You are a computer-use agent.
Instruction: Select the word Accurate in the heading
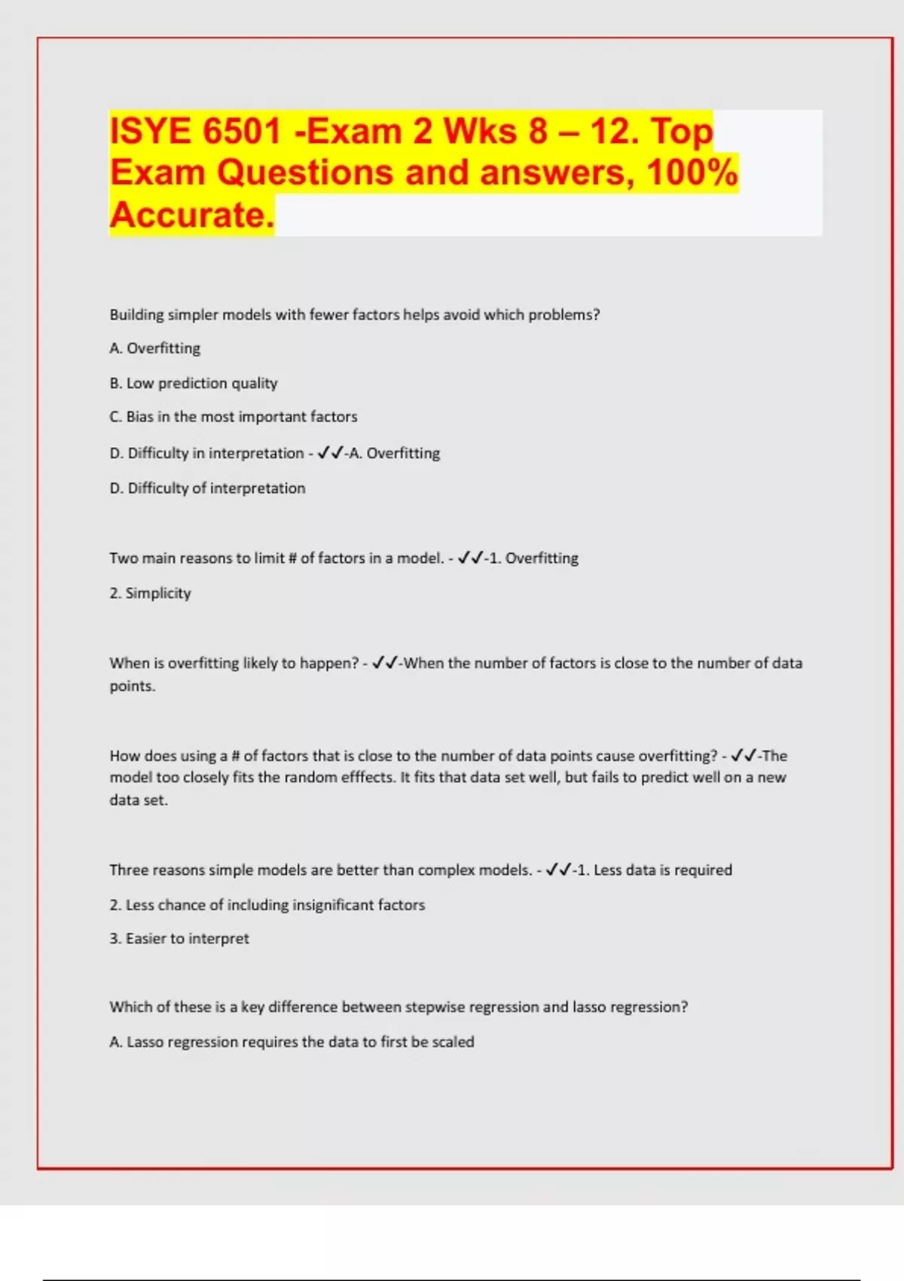click(x=191, y=215)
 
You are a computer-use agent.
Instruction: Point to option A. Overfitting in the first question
click(x=155, y=348)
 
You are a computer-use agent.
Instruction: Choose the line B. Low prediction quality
click(x=194, y=383)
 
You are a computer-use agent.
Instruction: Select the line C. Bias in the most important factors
click(x=234, y=417)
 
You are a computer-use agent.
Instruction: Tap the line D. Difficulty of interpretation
click(x=207, y=488)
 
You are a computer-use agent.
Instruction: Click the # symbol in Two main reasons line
click(x=292, y=558)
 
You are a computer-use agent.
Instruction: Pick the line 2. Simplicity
click(x=150, y=593)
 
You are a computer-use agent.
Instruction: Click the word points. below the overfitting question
click(x=133, y=686)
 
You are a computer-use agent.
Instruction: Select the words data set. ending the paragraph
click(x=139, y=800)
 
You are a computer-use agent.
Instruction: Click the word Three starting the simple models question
click(x=129, y=870)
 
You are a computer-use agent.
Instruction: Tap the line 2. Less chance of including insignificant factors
click(x=267, y=905)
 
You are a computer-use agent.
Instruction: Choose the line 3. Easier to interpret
click(x=179, y=939)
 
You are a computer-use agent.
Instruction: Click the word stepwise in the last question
click(x=435, y=1007)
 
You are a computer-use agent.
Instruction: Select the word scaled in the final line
click(x=453, y=1042)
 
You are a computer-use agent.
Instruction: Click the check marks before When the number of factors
click(x=385, y=663)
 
